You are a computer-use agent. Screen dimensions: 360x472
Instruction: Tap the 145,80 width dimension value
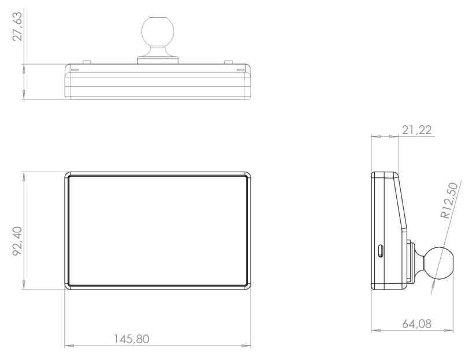pyautogui.click(x=132, y=338)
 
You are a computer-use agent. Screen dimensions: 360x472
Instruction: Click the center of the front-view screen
pyautogui.click(x=157, y=230)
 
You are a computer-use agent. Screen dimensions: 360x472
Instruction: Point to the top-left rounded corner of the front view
pyautogui.click(x=68, y=175)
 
